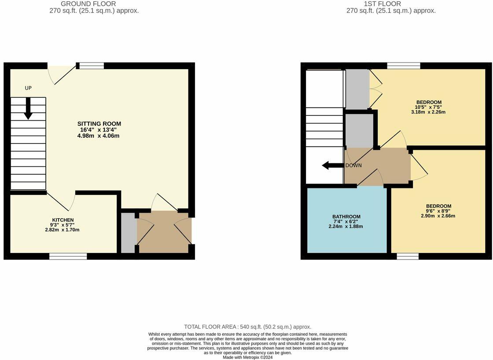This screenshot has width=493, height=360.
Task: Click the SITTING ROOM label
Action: pyautogui.click(x=99, y=124)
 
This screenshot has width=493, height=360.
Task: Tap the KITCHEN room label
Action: pyautogui.click(x=63, y=220)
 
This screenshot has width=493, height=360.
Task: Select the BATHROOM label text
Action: pyautogui.click(x=346, y=217)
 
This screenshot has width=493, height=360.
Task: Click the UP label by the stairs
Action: pyautogui.click(x=28, y=88)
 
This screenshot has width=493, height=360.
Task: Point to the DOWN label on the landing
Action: pyautogui.click(x=353, y=165)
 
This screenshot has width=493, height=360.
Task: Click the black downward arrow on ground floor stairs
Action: pyautogui.click(x=28, y=108)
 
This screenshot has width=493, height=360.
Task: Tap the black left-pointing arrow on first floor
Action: pyautogui.click(x=333, y=165)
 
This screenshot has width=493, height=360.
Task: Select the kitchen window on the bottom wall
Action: pyautogui.click(x=68, y=256)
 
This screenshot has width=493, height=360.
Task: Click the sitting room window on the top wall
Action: pyautogui.click(x=92, y=66)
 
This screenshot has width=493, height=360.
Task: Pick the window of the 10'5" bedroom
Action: pyautogui.click(x=404, y=66)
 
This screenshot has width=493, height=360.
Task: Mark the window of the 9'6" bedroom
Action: pyautogui.click(x=407, y=256)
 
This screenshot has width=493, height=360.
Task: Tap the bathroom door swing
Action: pyautogui.click(x=371, y=178)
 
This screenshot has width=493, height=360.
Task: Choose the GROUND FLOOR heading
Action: pyautogui.click(x=94, y=4)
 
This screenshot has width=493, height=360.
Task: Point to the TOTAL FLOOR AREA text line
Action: pyautogui.click(x=247, y=327)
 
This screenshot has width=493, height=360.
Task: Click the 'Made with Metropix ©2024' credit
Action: pyautogui.click(x=247, y=357)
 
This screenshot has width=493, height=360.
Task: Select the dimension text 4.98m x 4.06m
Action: pyautogui.click(x=99, y=136)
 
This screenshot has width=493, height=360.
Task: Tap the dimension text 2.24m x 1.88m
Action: pyautogui.click(x=346, y=226)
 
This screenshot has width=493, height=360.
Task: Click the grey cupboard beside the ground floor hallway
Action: pyautogui.click(x=128, y=232)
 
